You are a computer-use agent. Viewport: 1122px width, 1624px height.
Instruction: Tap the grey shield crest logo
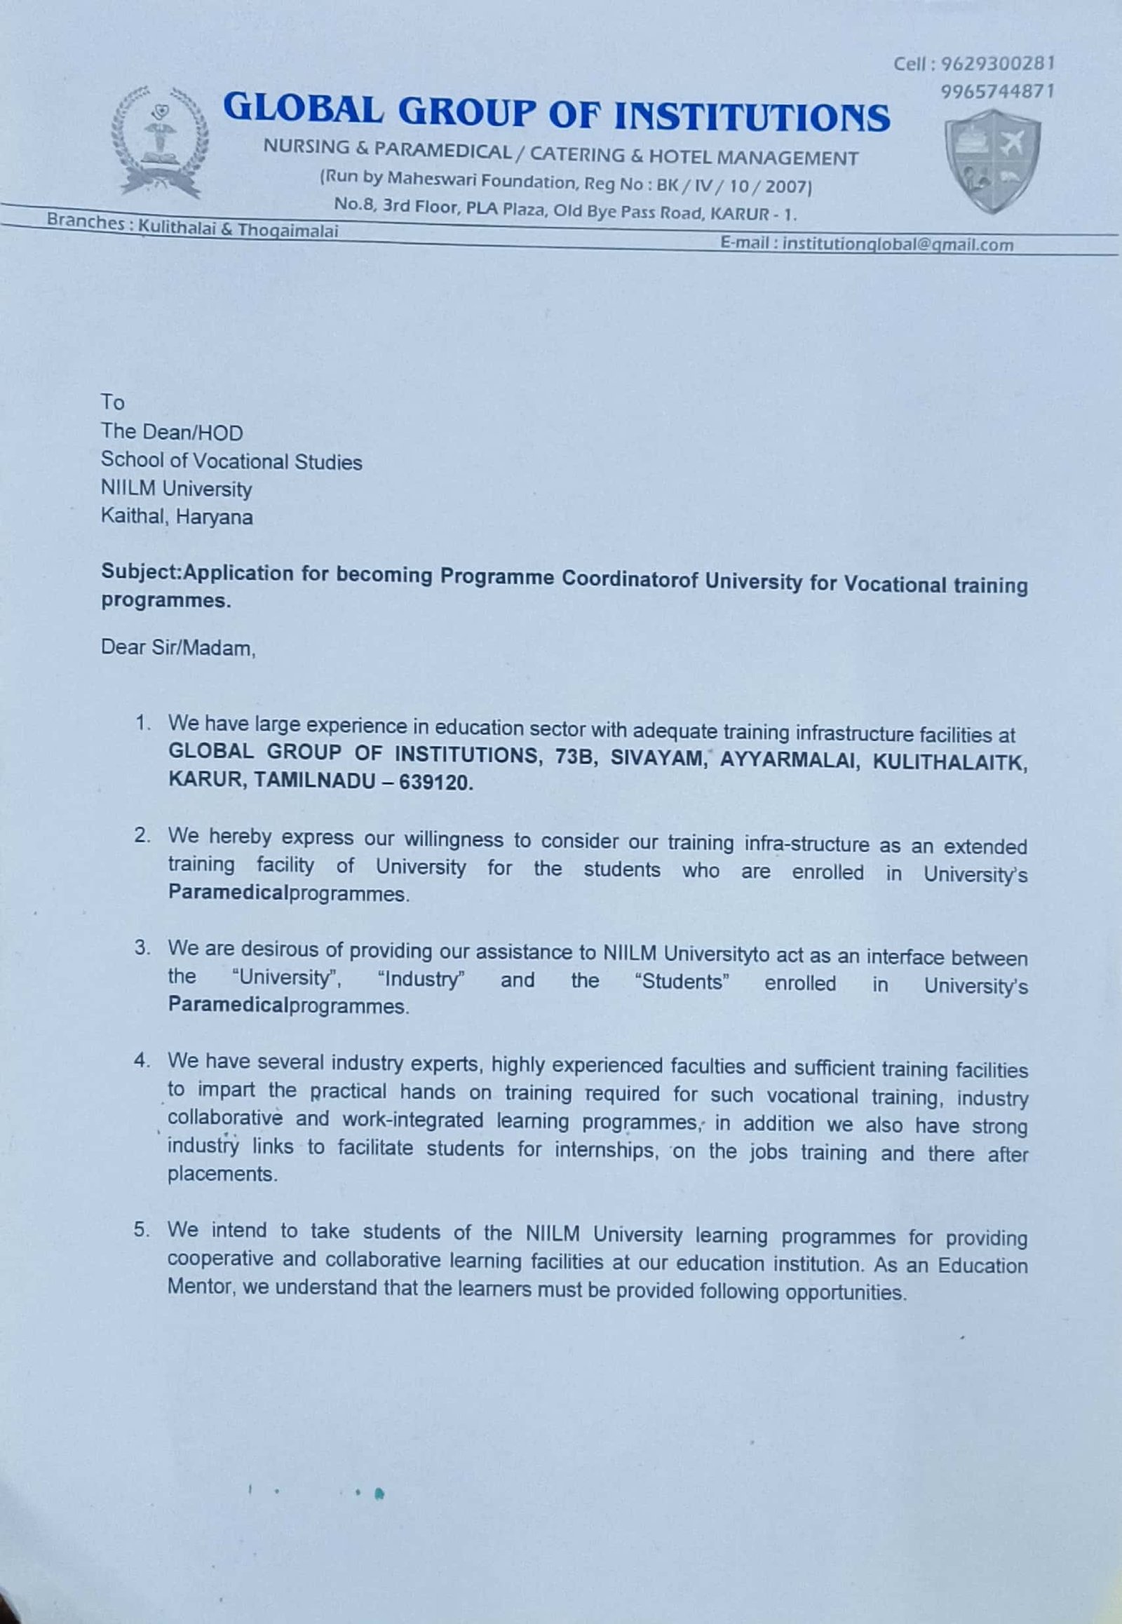click(992, 161)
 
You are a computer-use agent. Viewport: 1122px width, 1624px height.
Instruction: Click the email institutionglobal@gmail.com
click(898, 244)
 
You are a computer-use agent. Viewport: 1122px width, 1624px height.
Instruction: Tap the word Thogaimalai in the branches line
click(288, 230)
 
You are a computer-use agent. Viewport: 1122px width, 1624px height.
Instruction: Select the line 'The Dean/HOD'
click(172, 432)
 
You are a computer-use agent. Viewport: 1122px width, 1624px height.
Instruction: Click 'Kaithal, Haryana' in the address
click(177, 517)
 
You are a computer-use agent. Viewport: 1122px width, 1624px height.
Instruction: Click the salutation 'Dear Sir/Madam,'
click(179, 647)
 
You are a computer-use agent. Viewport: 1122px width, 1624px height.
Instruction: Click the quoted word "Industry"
click(420, 979)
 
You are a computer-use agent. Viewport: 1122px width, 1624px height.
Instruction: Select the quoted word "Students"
click(682, 982)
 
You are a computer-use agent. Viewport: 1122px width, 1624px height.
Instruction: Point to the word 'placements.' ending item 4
click(222, 1174)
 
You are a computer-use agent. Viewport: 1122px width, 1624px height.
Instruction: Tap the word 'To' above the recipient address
click(112, 402)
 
